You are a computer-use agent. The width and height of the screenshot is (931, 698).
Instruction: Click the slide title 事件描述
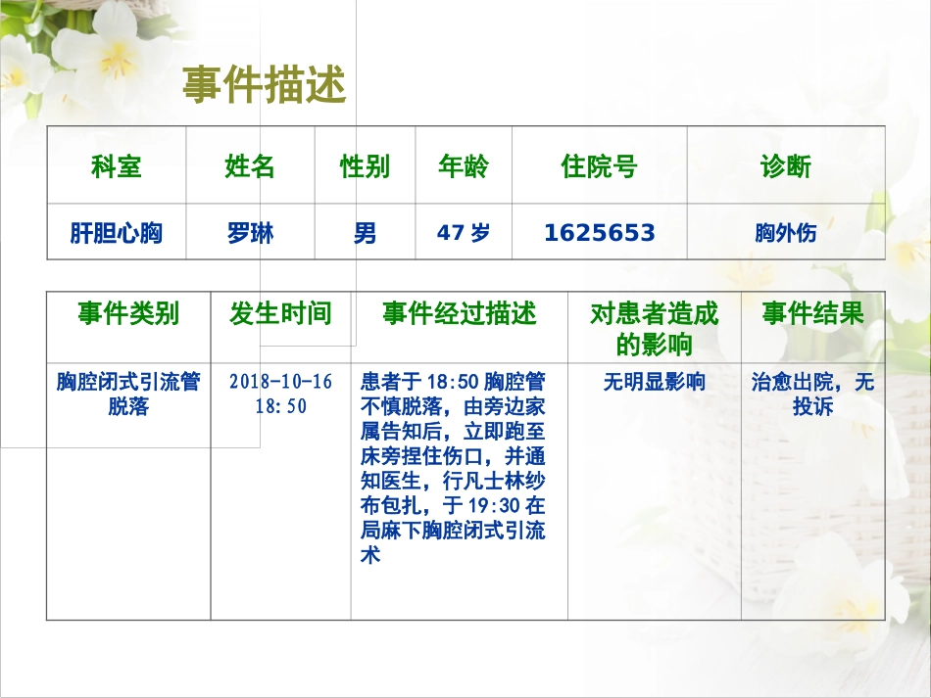click(x=264, y=86)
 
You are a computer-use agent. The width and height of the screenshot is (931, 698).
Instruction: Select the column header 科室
click(x=117, y=166)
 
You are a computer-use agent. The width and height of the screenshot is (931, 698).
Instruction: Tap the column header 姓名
click(x=250, y=166)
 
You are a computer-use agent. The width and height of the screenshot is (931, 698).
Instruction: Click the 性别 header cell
click(x=365, y=166)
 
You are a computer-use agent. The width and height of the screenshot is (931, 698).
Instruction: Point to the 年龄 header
click(x=463, y=166)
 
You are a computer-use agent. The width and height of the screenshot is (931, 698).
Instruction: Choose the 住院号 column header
click(x=599, y=166)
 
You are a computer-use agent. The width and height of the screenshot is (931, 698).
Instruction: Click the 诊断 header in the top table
click(x=786, y=166)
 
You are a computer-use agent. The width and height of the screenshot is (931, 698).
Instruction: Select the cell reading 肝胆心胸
click(x=117, y=233)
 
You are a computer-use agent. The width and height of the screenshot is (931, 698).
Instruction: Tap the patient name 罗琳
click(x=250, y=233)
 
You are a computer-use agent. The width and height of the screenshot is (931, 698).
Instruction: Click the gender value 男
click(x=365, y=233)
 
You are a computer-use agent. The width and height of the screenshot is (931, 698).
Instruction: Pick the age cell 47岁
click(x=463, y=233)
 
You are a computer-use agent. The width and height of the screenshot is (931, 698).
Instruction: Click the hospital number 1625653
click(x=599, y=233)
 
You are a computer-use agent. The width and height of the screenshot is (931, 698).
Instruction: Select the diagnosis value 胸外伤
click(x=786, y=233)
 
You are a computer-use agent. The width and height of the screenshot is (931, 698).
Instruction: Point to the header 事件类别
click(x=128, y=314)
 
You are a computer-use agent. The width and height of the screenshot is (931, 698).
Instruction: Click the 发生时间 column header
click(x=280, y=314)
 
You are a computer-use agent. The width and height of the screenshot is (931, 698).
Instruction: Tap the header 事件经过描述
click(x=459, y=314)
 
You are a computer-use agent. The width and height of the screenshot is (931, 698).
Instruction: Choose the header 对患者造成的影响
click(x=654, y=329)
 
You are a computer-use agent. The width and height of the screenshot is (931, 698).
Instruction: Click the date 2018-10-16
click(x=281, y=382)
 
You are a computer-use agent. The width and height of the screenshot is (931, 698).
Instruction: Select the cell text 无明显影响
click(x=654, y=382)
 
